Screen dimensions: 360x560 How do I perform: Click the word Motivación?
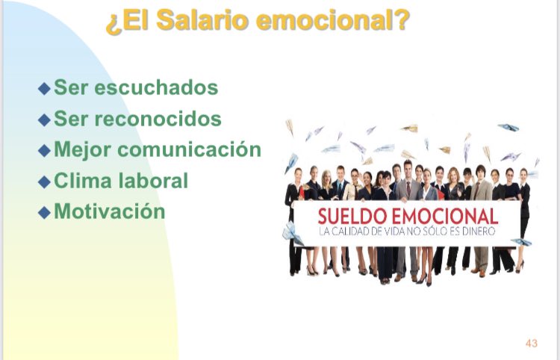point(109,211)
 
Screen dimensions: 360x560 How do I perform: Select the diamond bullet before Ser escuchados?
point(44,89)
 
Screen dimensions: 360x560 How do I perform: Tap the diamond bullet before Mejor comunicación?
point(44,150)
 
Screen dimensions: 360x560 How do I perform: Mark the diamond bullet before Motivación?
point(44,212)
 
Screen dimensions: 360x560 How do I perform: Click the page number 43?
point(532,344)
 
